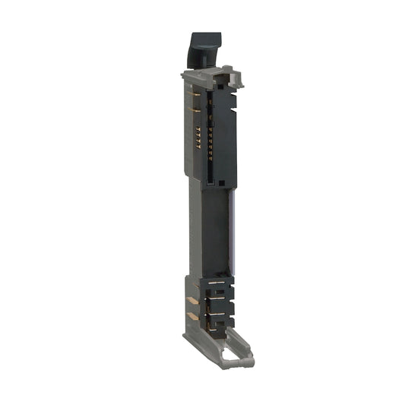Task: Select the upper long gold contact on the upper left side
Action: pyautogui.click(x=195, y=95)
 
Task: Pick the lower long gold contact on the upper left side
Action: pyautogui.click(x=195, y=110)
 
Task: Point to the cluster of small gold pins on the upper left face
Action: pyautogui.click(x=198, y=138)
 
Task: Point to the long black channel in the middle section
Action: pyautogui.click(x=214, y=228)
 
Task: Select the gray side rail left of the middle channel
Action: pyautogui.click(x=195, y=228)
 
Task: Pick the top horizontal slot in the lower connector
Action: pyautogui.click(x=217, y=282)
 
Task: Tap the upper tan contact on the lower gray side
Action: pyautogui.click(x=192, y=301)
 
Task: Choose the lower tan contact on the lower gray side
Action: pyautogui.click(x=192, y=315)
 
